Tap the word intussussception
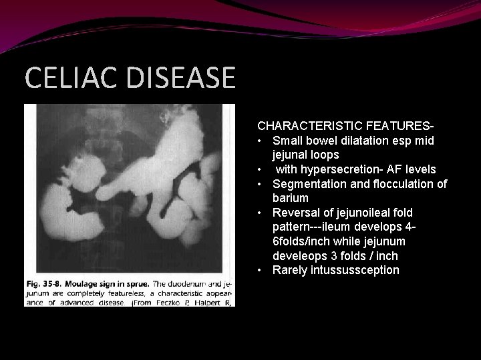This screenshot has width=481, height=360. tap(355, 270)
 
